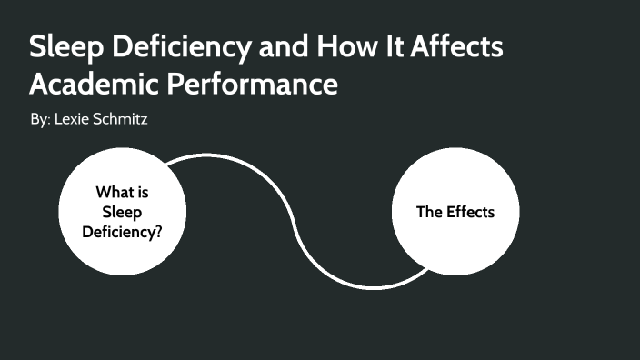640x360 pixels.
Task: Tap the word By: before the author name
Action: (x=40, y=120)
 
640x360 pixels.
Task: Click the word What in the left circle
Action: (x=115, y=192)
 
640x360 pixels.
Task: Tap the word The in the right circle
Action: (x=429, y=212)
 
